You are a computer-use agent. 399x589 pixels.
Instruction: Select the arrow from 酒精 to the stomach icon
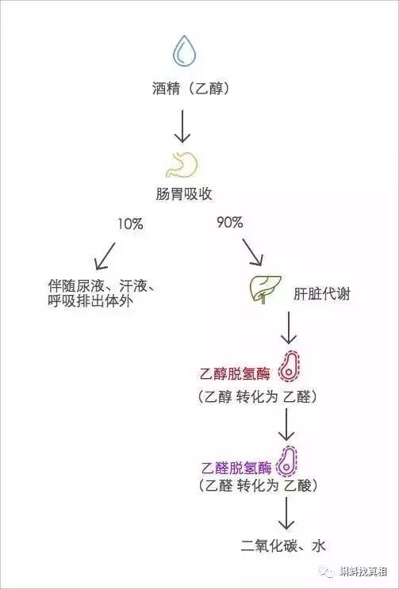(183, 126)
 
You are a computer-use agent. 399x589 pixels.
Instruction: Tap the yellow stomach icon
(182, 164)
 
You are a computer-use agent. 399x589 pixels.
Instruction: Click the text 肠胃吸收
(184, 194)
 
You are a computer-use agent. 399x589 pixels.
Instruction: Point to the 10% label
(130, 224)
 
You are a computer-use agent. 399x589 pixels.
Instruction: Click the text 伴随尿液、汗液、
(100, 287)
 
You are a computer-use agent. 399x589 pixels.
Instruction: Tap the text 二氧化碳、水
(283, 546)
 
